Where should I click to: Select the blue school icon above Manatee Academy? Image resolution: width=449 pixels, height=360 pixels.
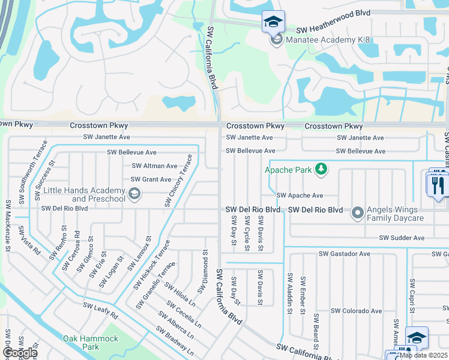tap(273, 22)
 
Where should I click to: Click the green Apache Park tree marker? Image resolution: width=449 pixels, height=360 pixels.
tap(322, 170)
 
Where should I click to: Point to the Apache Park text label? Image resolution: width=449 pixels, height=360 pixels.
tap(289, 170)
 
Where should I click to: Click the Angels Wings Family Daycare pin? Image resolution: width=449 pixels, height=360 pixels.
tap(358, 213)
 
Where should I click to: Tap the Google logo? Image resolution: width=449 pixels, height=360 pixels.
tap(19, 353)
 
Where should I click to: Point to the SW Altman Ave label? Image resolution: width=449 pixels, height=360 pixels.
tap(154, 166)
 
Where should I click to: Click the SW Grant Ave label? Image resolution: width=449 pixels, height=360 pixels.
tap(151, 179)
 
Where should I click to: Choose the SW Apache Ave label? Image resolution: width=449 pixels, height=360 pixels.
tap(300, 196)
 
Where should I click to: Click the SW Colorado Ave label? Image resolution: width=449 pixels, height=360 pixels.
tap(357, 311)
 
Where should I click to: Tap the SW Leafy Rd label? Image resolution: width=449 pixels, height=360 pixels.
tap(100, 311)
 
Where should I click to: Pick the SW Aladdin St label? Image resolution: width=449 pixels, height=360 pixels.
tap(289, 293)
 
